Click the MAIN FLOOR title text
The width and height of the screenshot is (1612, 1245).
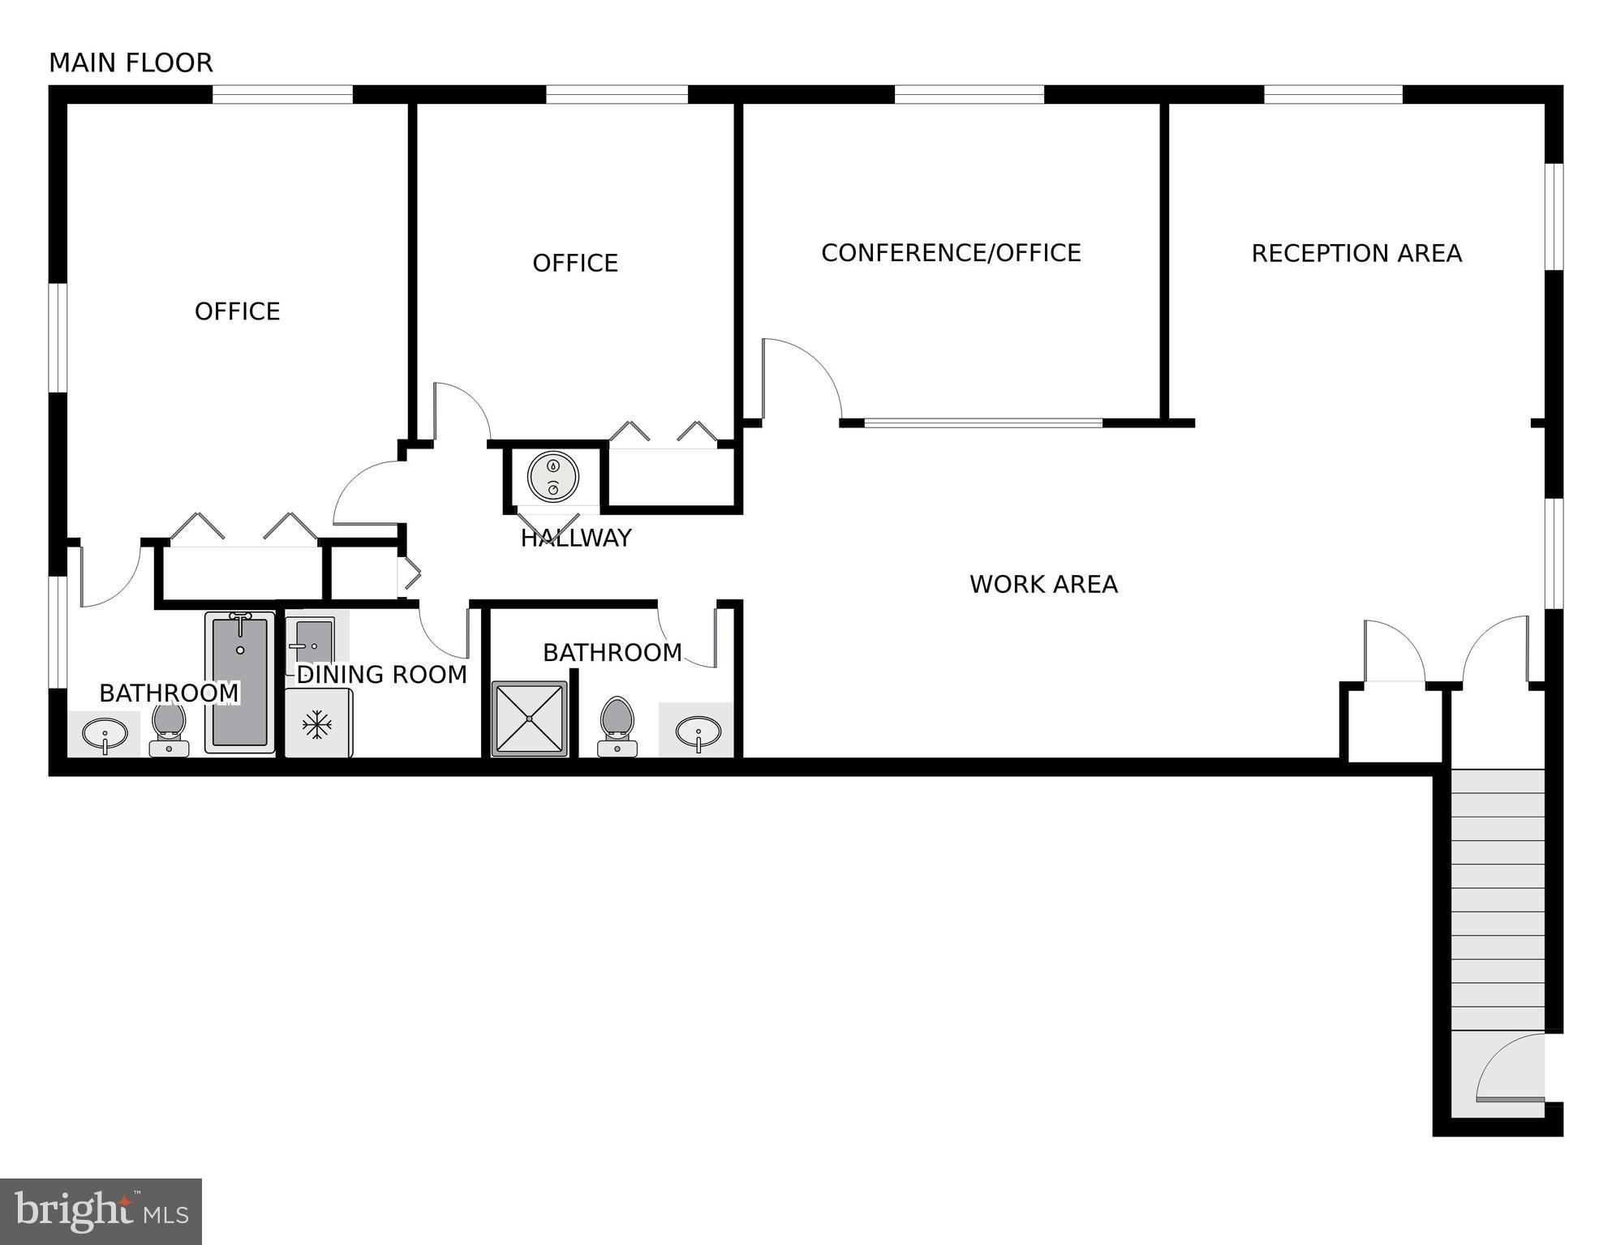click(131, 62)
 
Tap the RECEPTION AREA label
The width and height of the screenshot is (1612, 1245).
click(1356, 254)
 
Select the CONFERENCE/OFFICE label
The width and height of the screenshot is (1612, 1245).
click(951, 253)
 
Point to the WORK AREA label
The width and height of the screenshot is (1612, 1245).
click(1043, 584)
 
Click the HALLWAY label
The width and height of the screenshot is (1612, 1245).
click(576, 538)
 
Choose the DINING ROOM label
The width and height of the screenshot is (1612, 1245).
click(381, 675)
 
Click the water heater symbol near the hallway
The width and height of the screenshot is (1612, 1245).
click(552, 477)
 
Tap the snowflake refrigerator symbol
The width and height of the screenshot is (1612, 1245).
click(317, 724)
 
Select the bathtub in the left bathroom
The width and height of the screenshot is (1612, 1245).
click(240, 681)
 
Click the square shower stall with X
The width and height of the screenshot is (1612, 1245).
click(530, 719)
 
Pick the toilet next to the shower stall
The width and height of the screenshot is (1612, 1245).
click(617, 724)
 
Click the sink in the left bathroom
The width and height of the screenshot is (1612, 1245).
click(105, 735)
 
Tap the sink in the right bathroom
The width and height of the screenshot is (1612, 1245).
click(698, 732)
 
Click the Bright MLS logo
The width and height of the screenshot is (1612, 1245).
click(101, 1211)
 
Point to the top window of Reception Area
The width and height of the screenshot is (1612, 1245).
click(1333, 94)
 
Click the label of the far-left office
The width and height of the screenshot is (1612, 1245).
click(237, 311)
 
